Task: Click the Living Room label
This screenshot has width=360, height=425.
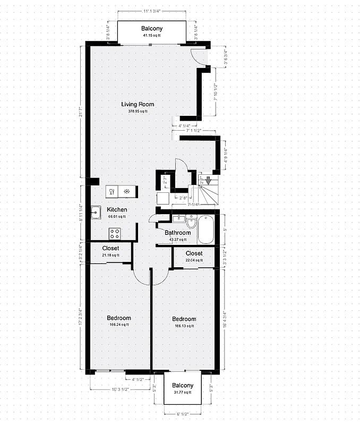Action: click(x=138, y=104)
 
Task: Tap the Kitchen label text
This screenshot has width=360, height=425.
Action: click(x=117, y=210)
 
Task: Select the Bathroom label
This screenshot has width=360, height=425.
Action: click(x=177, y=233)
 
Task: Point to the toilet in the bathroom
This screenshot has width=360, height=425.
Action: click(x=191, y=222)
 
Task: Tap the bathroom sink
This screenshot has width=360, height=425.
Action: click(x=178, y=218)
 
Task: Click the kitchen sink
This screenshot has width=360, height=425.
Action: click(x=96, y=212)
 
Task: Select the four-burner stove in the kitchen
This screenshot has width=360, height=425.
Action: click(x=115, y=233)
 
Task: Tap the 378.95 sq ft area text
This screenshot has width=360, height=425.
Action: click(x=138, y=112)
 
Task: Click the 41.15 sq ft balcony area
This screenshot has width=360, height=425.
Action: click(x=152, y=36)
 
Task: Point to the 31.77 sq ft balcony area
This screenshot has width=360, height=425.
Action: click(x=182, y=393)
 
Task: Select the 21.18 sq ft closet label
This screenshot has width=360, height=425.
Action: click(x=110, y=256)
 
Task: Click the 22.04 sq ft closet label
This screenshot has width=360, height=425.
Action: click(x=194, y=260)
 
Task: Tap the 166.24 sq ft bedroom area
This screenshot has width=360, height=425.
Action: click(x=119, y=325)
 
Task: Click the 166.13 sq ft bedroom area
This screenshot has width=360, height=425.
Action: click(x=184, y=326)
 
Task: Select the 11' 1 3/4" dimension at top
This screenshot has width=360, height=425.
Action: click(x=152, y=11)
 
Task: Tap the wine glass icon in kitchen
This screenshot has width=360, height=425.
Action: click(x=112, y=191)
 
